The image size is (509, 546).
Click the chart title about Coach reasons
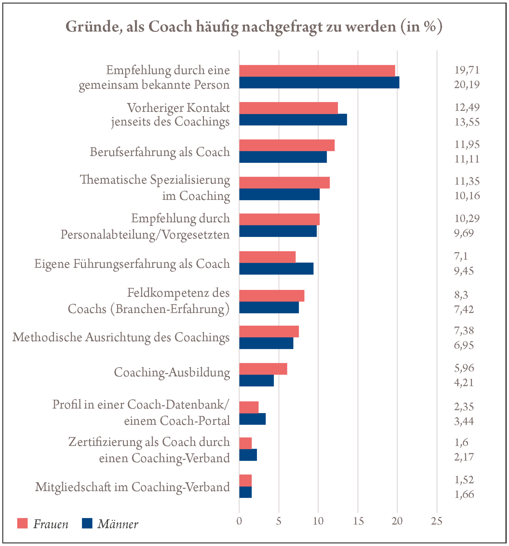[254, 27]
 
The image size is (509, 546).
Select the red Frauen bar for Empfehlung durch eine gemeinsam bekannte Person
[317, 71]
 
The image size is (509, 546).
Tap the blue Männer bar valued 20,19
[319, 83]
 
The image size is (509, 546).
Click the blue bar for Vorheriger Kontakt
[293, 120]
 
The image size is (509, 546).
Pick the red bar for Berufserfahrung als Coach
[287, 146]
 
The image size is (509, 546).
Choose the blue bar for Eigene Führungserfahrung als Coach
[276, 269]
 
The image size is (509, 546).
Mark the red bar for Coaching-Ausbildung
[263, 369]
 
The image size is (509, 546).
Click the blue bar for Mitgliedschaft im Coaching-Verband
[245, 492]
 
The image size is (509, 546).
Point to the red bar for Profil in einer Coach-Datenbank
[249, 407]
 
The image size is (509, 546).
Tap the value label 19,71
[467, 70]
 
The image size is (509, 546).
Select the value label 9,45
[464, 271]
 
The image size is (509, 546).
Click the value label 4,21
[464, 382]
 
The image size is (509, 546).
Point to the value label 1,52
[464, 480]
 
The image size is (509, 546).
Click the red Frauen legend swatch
[22, 523]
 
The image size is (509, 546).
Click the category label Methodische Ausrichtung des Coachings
[121, 338]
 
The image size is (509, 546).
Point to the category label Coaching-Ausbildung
[172, 373]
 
